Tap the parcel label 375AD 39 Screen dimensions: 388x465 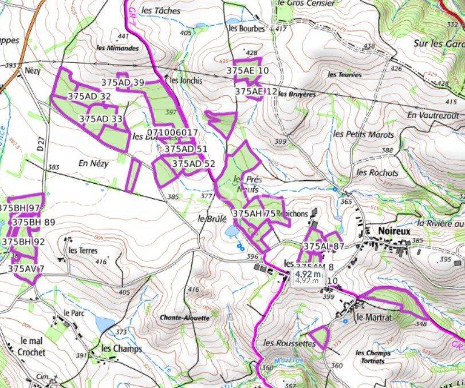pyautogui.click(x=122, y=82)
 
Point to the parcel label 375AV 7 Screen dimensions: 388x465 pyautogui.click(x=26, y=268)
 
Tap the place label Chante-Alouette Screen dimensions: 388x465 pyautogui.click(x=184, y=318)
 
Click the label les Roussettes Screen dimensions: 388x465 pyautogui.click(x=289, y=343)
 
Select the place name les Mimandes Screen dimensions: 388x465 pyautogui.click(x=117, y=49)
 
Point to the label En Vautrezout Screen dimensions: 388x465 pyautogui.click(x=433, y=115)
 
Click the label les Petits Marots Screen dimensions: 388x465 pyautogui.click(x=364, y=134)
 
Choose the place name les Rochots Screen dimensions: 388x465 pyautogui.click(x=377, y=172)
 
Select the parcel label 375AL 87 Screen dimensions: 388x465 pyautogui.click(x=324, y=246)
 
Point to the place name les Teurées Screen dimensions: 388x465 pyautogui.click(x=345, y=74)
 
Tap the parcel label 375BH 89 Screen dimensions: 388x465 pyautogui.click(x=33, y=222)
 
